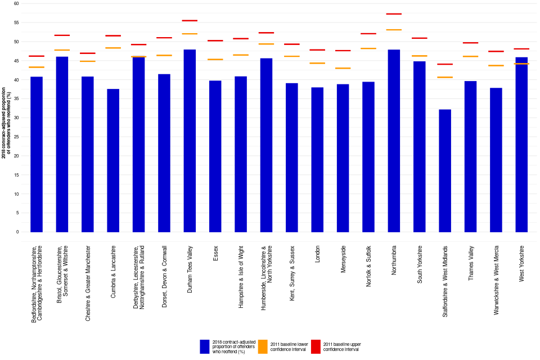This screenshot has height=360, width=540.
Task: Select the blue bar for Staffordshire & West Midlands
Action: click(445, 170)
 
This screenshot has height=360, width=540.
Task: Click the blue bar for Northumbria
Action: click(394, 141)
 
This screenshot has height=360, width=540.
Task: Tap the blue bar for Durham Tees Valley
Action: click(190, 141)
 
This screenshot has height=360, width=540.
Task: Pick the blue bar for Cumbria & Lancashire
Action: click(113, 160)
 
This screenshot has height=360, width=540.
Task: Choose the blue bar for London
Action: click(317, 160)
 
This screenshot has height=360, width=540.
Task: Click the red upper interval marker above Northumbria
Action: click(394, 14)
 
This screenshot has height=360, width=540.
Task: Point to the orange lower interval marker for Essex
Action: click(215, 60)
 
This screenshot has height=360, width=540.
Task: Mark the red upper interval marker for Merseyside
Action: click(343, 51)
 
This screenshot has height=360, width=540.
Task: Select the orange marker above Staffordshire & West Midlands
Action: click(445, 77)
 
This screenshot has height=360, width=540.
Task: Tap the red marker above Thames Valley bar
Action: click(470, 43)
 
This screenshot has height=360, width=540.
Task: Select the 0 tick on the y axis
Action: click(17, 232)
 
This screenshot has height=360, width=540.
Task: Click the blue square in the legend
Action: click(205, 346)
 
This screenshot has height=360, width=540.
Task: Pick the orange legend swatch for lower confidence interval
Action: click(262, 346)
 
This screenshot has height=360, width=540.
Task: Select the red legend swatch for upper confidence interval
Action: click(316, 346)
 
